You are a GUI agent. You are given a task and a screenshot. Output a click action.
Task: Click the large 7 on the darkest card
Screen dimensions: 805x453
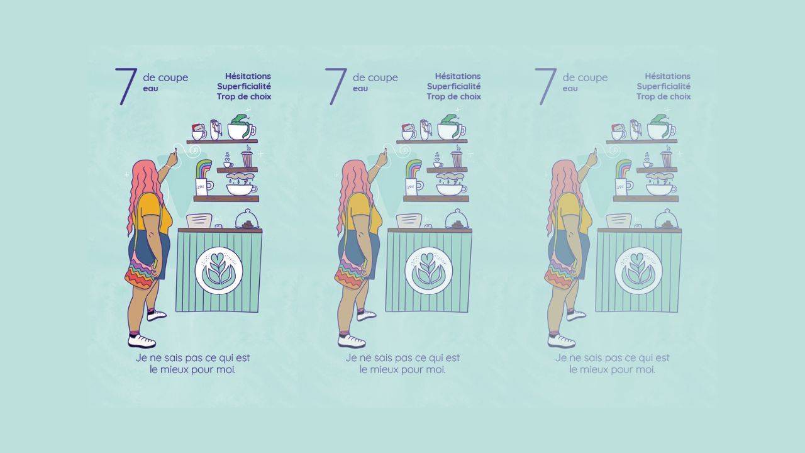coord(126,86)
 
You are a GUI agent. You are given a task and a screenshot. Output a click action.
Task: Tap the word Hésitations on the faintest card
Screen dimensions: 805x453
coord(667,76)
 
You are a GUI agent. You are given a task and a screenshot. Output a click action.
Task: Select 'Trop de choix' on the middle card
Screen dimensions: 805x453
coord(453,96)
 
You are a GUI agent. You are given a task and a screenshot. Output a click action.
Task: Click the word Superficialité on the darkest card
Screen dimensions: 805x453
coord(243,86)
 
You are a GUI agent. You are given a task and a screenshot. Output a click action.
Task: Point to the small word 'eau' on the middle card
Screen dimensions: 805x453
coord(360,89)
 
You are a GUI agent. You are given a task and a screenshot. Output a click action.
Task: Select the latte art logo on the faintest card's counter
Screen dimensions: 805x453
coord(638,271)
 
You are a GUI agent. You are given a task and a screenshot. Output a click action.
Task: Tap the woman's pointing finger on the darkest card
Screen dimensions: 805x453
coord(174,157)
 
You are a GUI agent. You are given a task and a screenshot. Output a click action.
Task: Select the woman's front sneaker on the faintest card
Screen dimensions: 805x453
coord(562,341)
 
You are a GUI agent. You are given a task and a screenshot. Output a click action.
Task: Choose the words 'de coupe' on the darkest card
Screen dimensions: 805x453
coord(165,77)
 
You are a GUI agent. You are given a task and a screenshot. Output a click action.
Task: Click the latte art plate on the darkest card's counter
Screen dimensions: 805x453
coord(218,271)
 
